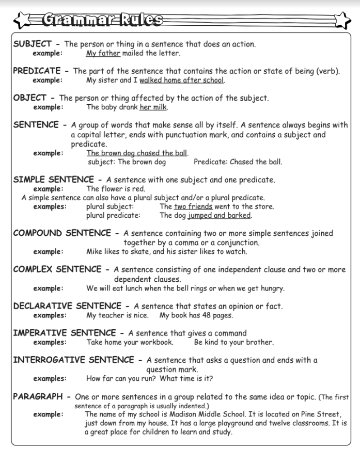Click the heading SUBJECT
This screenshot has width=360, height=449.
coord(32,44)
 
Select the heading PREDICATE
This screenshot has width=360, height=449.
coord(37,71)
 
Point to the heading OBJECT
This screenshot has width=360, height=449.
coord(30,98)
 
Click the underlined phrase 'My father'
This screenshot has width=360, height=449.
coord(103,53)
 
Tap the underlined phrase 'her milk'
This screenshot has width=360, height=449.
coord(153,107)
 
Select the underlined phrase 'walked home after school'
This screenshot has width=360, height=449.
coord(181,80)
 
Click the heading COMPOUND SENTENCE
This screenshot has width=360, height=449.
coord(62,233)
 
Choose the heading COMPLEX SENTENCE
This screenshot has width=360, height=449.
coord(57,269)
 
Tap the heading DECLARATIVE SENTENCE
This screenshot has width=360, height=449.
coord(67,306)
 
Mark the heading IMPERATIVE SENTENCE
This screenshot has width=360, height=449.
coord(65,333)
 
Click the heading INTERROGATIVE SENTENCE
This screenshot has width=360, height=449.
coord(74,360)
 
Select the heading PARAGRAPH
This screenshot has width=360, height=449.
coord(38,396)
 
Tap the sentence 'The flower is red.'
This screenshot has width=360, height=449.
coord(116,189)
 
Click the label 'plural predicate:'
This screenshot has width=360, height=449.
coord(113,215)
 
